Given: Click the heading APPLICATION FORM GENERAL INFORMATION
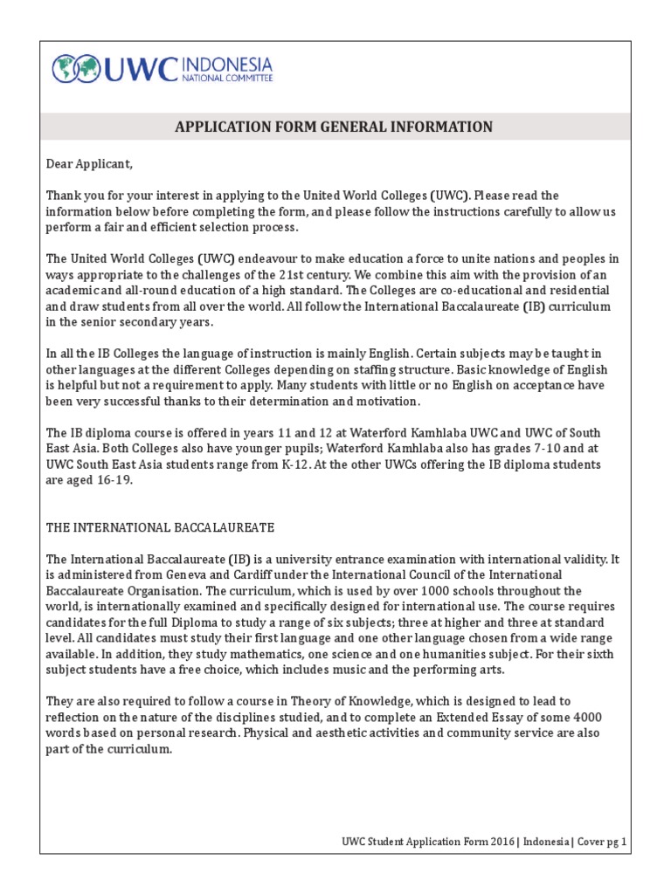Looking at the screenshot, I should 334,127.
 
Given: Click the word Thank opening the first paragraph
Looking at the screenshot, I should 63,196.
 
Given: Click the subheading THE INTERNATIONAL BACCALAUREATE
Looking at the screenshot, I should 161,527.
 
